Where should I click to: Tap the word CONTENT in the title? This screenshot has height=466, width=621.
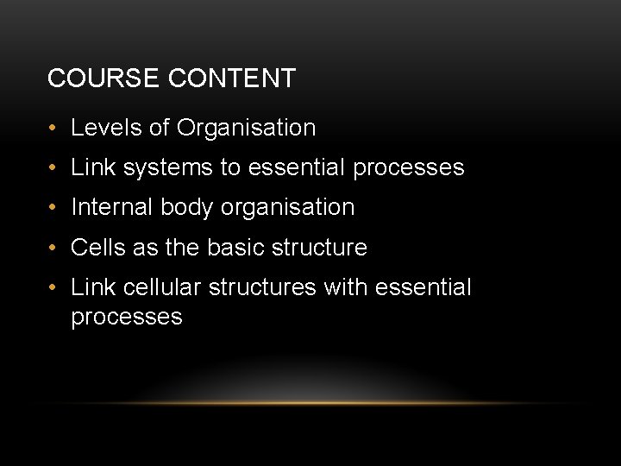pos(232,79)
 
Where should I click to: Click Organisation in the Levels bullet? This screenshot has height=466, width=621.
pos(246,128)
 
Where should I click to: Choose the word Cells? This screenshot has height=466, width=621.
pos(97,248)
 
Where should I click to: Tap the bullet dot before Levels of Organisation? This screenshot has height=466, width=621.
pos(53,129)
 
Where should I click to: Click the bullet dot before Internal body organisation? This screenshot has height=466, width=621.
pos(53,208)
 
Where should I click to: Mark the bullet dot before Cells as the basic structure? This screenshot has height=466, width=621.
pos(53,249)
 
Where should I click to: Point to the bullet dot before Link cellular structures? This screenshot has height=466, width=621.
pos(53,288)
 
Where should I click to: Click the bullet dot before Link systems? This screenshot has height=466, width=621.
pos(53,168)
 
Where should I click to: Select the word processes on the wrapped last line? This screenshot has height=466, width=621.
pos(127,318)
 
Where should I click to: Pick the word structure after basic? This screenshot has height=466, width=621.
pos(319,248)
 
